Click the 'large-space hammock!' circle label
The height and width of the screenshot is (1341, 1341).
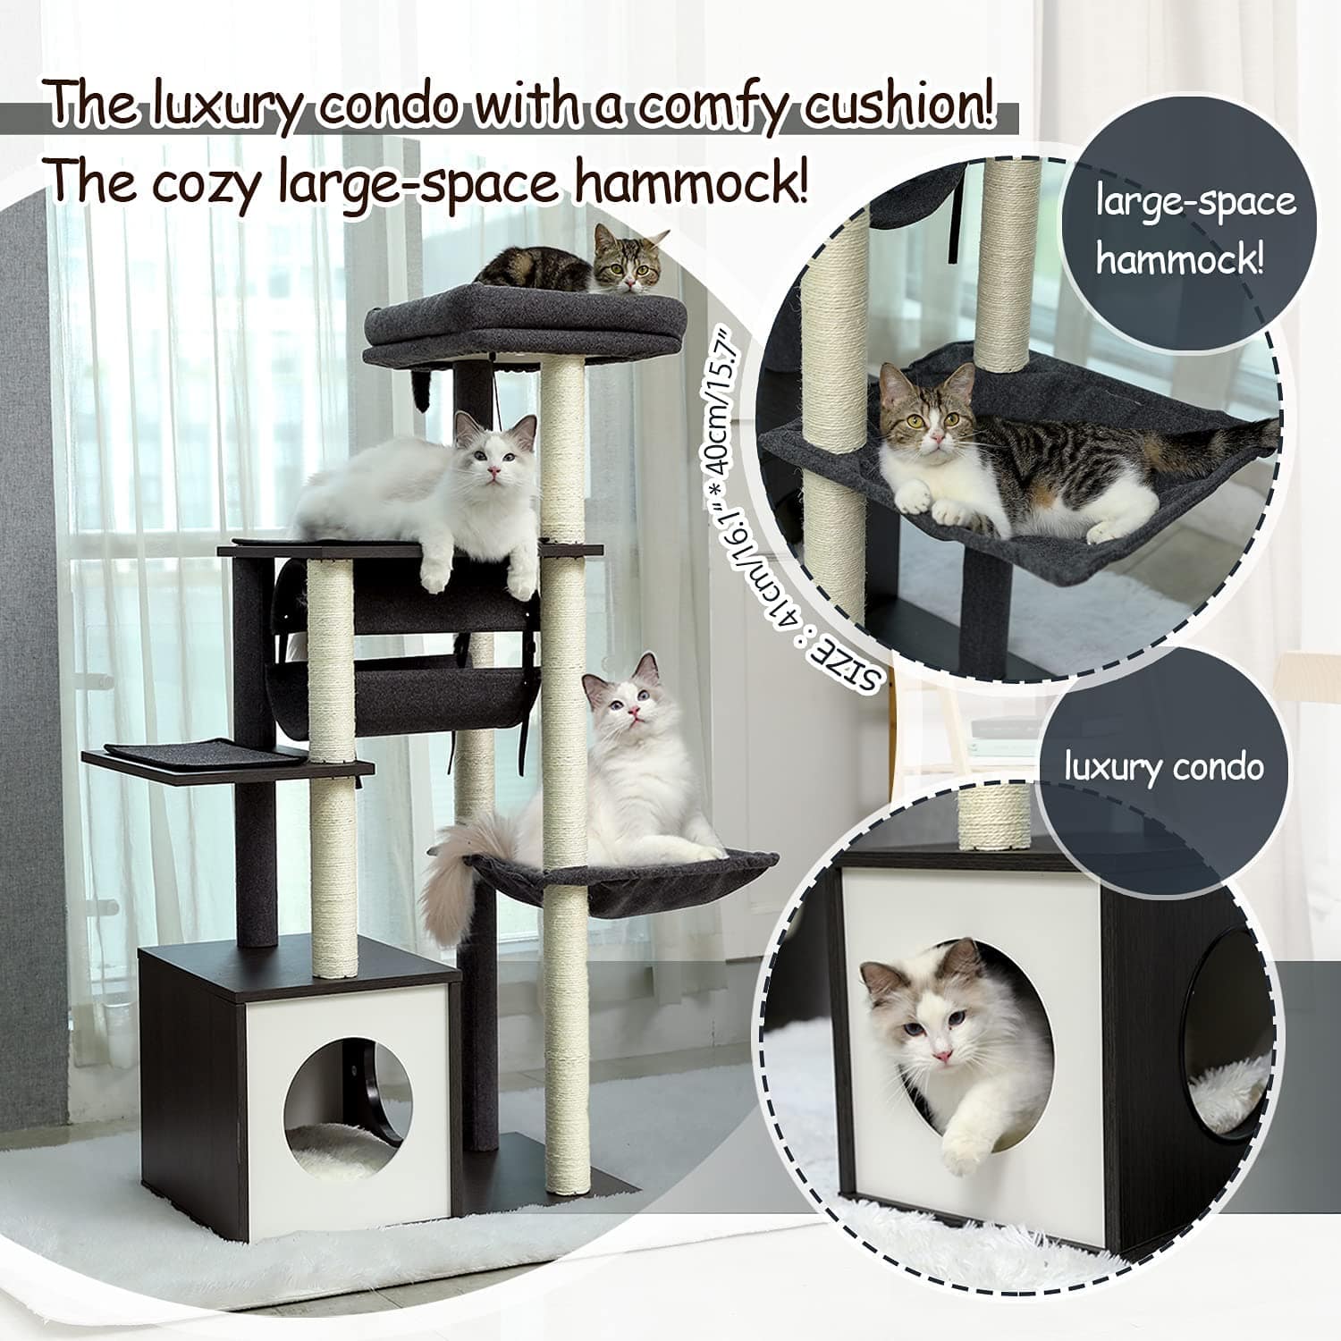pos(1195,232)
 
